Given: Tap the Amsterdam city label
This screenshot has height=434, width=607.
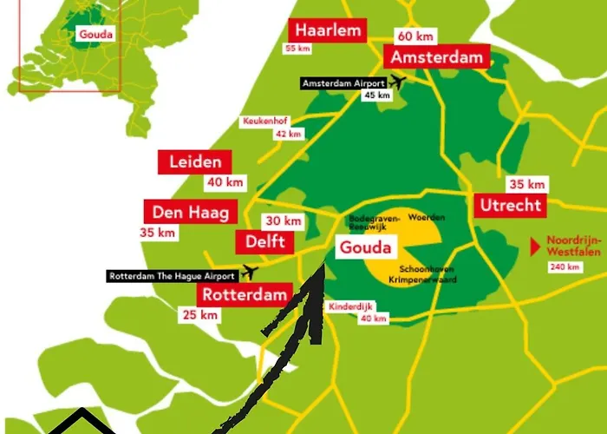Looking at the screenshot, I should click(x=437, y=57).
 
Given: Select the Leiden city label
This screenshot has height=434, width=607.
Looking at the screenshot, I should click(x=194, y=161).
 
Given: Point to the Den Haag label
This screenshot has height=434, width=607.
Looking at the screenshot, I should click(x=189, y=212).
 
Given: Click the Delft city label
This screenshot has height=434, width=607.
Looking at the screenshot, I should click(x=264, y=241).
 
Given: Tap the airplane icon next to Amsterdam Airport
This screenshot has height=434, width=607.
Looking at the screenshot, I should click(x=398, y=82).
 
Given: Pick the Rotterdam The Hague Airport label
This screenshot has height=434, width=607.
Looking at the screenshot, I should click(x=171, y=276).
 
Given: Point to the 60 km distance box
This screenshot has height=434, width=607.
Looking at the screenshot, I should click(x=416, y=36).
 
